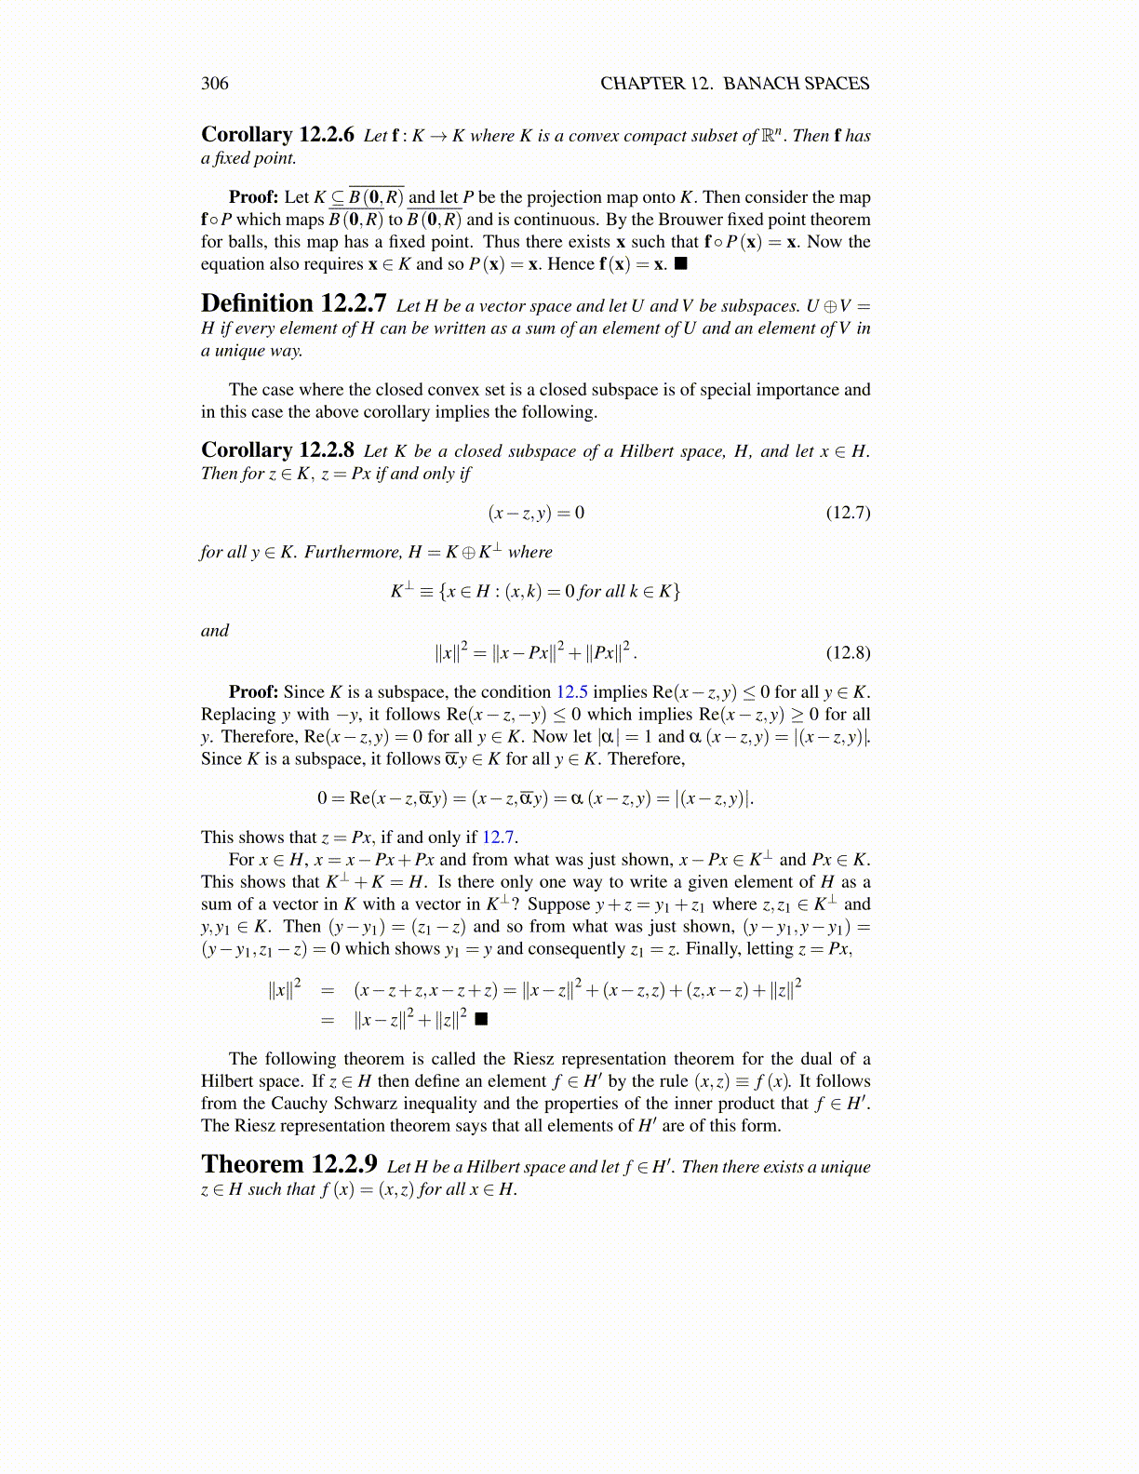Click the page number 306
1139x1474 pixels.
click(214, 84)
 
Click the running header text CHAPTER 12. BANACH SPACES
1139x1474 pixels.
click(734, 84)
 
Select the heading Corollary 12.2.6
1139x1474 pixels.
click(277, 135)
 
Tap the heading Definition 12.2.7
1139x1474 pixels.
click(293, 304)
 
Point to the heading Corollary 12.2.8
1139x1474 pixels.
click(277, 450)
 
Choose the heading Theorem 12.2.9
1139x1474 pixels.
click(288, 1165)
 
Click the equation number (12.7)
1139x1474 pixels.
click(848, 513)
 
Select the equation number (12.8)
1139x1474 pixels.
click(848, 652)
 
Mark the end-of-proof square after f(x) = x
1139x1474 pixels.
click(680, 264)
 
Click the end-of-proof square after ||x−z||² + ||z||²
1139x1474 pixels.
click(480, 1019)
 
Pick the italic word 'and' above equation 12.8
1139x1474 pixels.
click(215, 631)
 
